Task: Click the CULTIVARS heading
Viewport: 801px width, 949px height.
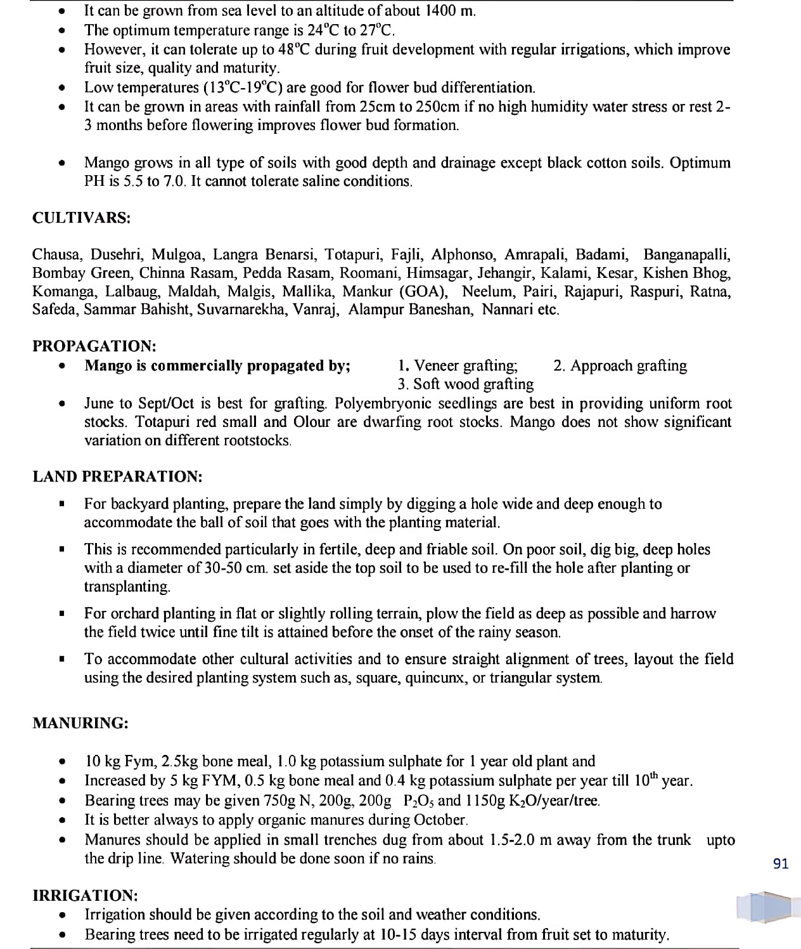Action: coord(82,218)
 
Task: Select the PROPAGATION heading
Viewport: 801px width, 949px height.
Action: coord(94,346)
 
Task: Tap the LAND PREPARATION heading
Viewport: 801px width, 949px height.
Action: coord(117,476)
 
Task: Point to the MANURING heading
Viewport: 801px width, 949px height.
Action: coord(80,723)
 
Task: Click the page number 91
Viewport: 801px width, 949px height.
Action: coord(781,863)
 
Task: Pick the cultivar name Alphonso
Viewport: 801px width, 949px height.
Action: coord(464,255)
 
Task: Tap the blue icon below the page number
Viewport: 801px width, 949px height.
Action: coord(764,906)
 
